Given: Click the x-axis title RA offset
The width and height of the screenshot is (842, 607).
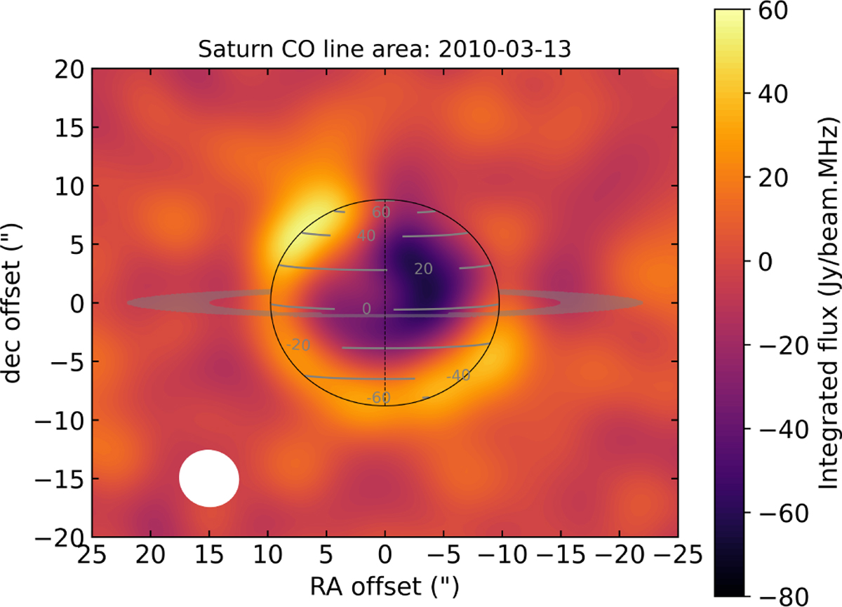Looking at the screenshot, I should tap(385, 585).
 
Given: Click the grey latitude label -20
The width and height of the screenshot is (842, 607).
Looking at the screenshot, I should tap(298, 345).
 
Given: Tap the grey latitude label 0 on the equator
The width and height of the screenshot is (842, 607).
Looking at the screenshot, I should tap(366, 309).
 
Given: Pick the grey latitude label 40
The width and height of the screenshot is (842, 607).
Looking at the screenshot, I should tap(366, 236).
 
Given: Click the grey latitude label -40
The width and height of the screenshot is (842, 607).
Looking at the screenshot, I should tap(457, 375).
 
